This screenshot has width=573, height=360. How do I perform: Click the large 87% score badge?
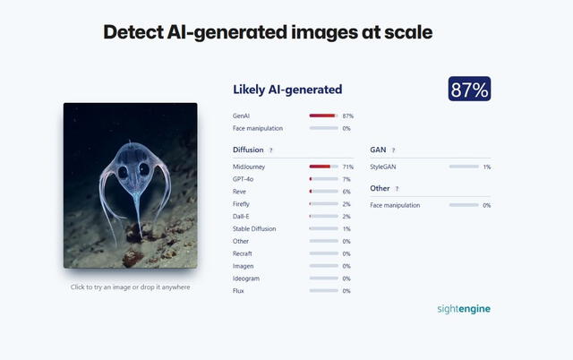point(470,90)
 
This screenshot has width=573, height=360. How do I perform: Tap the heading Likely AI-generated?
point(287,90)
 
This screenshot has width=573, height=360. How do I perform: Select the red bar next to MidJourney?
point(321,167)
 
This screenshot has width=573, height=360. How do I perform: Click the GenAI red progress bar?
point(322,116)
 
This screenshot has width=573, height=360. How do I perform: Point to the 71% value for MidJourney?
point(347,167)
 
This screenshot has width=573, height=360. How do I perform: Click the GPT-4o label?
point(243,179)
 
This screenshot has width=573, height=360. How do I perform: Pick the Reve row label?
point(239,192)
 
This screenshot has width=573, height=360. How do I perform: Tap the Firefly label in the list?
point(242,204)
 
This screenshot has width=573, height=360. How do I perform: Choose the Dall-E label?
point(242,217)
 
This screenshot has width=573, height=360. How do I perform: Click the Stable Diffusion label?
point(253,229)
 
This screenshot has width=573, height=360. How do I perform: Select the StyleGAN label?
point(384,167)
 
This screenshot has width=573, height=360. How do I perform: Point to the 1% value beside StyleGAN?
point(487,167)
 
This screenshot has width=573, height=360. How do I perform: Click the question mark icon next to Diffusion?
point(271,150)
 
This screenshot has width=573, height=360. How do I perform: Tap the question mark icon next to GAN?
point(393,150)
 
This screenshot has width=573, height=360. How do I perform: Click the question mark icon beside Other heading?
point(398,189)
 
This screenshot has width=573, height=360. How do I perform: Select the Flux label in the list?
point(238,291)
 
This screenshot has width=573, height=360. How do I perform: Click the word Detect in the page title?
point(133,33)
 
